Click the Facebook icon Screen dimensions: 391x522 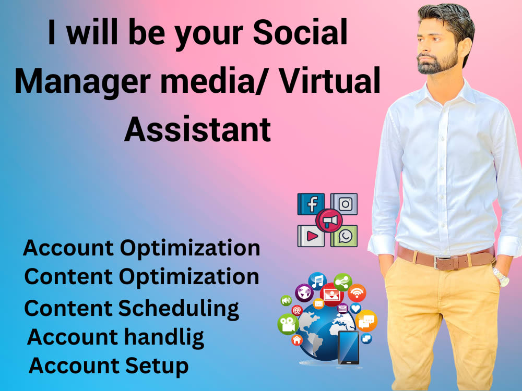click(x=311, y=204)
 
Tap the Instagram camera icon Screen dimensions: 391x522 click(x=345, y=204)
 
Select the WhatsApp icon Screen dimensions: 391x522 click(x=345, y=236)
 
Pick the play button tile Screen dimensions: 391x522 click(x=312, y=236)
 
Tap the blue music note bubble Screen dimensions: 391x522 click(x=317, y=281)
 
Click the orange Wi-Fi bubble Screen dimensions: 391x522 click(x=357, y=292)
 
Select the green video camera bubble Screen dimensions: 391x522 click(x=288, y=324)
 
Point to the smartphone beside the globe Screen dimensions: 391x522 click(x=348, y=347)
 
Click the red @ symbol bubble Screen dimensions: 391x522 click(x=297, y=310)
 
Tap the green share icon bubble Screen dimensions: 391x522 click(x=342, y=282)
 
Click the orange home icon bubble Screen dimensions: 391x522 click(x=297, y=340)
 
